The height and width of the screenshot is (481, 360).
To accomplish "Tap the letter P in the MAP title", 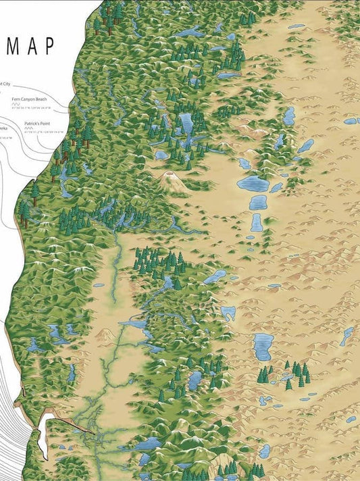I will coord(47,47).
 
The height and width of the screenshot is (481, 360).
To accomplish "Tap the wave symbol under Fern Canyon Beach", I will coord(16,105).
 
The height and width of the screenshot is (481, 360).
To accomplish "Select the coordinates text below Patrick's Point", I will coord(43,132).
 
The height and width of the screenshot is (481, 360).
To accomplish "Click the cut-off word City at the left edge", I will coord(5,82).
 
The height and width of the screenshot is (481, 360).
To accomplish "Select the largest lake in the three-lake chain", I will coord(252,184).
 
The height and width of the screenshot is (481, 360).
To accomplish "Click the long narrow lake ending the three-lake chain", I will coord(256,223).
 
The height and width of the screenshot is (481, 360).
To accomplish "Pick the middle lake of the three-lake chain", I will coord(257,202).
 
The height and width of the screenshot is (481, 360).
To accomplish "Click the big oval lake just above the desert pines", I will coord(263,346).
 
